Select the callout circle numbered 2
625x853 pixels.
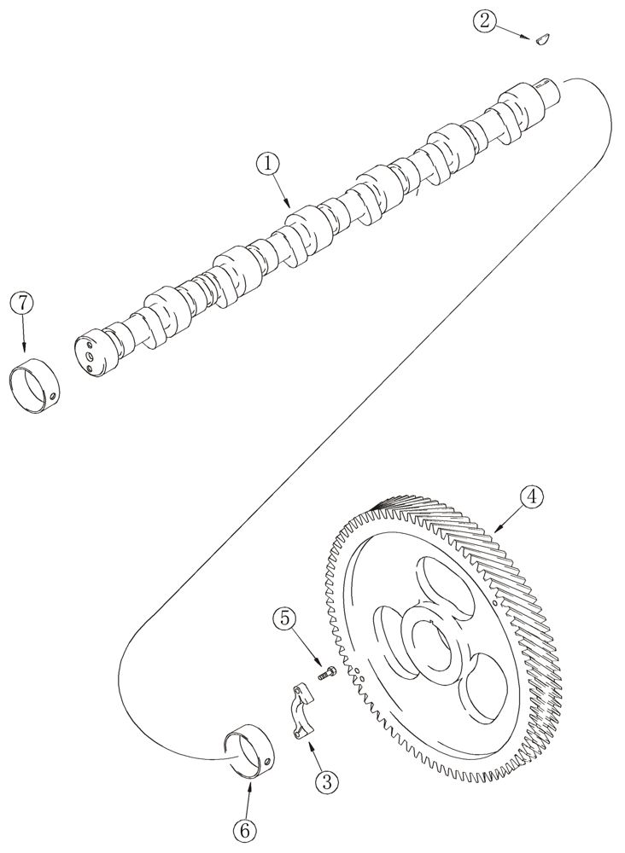coord(485,21)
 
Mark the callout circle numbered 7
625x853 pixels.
coord(22,303)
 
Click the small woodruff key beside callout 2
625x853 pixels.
coord(540,38)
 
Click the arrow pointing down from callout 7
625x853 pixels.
coord(23,337)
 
